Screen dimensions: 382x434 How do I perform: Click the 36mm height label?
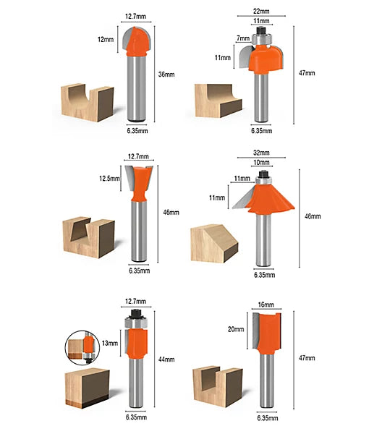tap(166, 75)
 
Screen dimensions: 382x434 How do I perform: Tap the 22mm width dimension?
tap(261, 12)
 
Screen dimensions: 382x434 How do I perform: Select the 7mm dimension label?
tap(243, 38)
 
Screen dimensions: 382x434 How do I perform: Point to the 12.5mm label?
tap(110, 179)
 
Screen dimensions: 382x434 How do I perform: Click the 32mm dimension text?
tap(261, 153)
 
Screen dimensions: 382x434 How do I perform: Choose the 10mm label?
tap(261, 163)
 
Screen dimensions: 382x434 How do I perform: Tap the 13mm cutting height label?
tap(110, 343)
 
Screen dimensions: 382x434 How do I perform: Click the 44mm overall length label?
tap(166, 359)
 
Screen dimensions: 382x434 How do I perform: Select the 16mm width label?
tap(266, 305)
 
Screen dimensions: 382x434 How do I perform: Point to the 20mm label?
tap(236, 329)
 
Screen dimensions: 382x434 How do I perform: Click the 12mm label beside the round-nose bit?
tap(106, 40)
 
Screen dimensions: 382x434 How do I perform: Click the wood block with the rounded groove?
tap(88, 103)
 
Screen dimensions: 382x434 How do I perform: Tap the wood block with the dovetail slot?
tap(89, 237)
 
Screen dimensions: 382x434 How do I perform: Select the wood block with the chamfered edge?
tap(214, 244)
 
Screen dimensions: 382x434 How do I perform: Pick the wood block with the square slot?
tap(218, 387)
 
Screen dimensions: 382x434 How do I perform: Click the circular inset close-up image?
tap(82, 348)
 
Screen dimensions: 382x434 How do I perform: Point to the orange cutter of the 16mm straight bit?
tap(268, 334)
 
